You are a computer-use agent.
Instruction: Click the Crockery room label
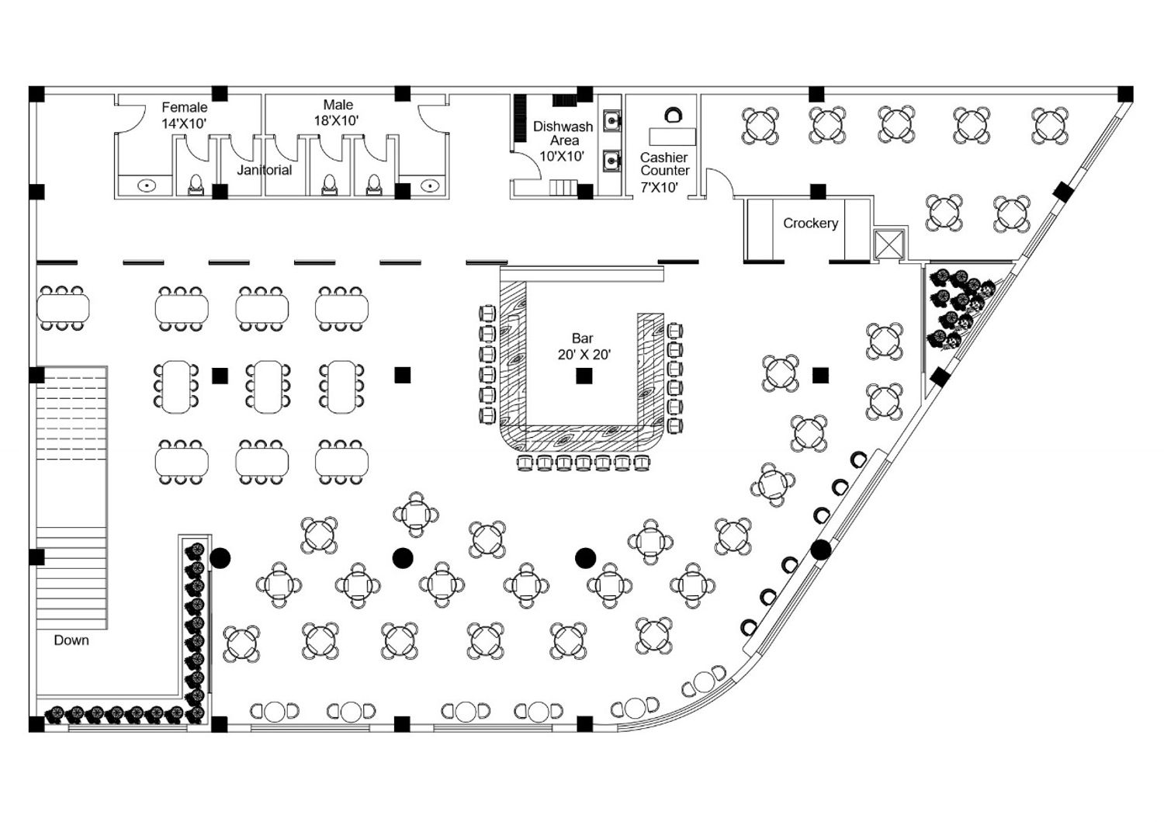(810, 224)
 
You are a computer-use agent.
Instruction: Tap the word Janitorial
(265, 170)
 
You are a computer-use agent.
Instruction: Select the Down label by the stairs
(71, 640)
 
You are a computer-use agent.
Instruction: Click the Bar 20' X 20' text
(584, 347)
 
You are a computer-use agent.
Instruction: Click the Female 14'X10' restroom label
(184, 115)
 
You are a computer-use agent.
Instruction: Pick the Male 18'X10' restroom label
(338, 113)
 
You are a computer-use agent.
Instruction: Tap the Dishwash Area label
(563, 134)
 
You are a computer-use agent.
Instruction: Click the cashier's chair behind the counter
(673, 115)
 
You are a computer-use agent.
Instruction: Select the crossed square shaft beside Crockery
(889, 245)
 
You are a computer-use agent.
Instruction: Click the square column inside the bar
(584, 376)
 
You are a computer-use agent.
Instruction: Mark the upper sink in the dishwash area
(612, 122)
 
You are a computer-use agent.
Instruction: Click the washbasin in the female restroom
(147, 186)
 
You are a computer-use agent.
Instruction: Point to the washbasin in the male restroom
(430, 186)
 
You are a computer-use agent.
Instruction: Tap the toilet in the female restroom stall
(196, 184)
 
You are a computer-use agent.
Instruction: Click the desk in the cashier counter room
(672, 136)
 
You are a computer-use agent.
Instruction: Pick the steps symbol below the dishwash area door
(563, 187)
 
